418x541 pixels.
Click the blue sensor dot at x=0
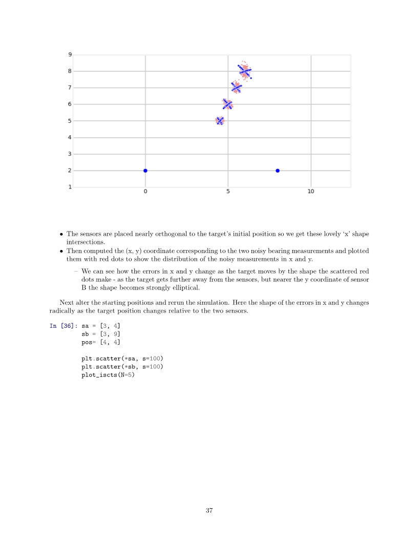[145, 171]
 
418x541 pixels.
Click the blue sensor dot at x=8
[278, 171]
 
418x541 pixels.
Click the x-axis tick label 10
[311, 192]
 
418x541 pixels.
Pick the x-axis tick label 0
[145, 192]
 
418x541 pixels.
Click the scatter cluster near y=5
[220, 121]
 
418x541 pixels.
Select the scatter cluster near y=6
[227, 105]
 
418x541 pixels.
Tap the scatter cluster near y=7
[236, 88]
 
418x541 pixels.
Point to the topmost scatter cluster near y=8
[245, 71]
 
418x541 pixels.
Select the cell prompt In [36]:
[63, 326]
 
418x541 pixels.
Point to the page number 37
[209, 510]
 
